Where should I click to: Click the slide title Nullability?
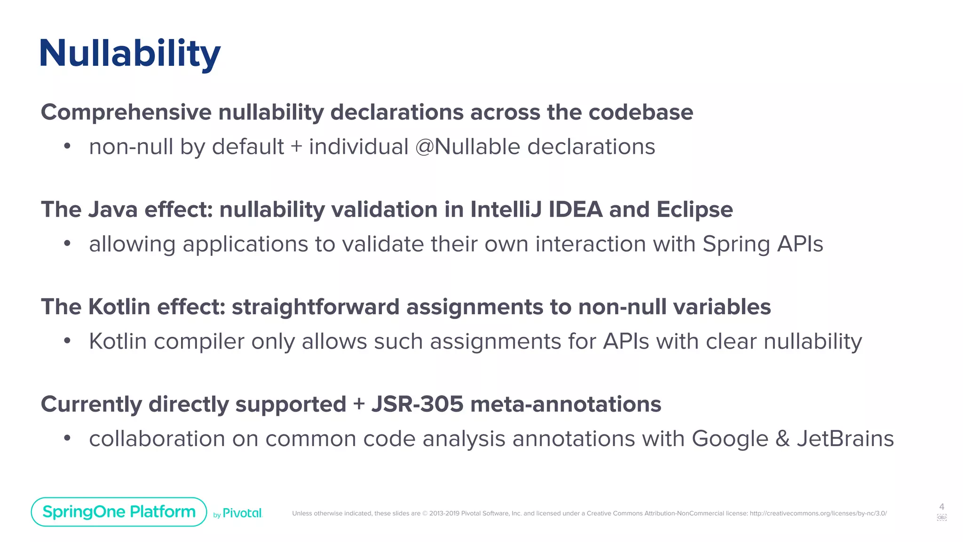(130, 54)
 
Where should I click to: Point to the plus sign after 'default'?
(296, 147)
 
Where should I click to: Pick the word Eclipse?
(695, 210)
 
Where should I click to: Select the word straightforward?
(316, 307)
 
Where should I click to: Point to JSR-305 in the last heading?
(417, 404)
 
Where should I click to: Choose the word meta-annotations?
(565, 404)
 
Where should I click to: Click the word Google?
(730, 439)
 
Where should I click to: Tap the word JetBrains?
(845, 439)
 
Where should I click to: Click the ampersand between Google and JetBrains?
(782, 439)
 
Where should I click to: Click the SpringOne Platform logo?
(119, 511)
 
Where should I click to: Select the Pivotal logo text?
(242, 513)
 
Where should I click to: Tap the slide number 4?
(941, 507)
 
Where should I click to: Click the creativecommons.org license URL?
(818, 513)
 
